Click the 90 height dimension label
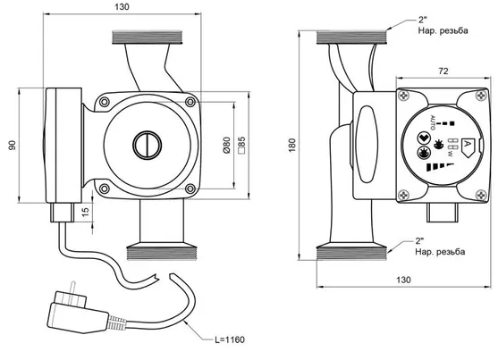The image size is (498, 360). tap(12, 145)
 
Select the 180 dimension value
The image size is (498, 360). tap(292, 145)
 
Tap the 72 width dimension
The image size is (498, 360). tap(443, 71)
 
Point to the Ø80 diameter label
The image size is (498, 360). tap(226, 146)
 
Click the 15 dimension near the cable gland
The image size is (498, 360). tap(86, 212)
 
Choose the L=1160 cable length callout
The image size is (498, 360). tap(230, 339)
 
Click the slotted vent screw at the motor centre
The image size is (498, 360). tap(147, 145)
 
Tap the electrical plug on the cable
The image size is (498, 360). tap(79, 311)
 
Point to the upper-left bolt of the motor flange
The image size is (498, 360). tap(105, 102)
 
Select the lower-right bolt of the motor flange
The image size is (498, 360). tap(190, 188)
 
